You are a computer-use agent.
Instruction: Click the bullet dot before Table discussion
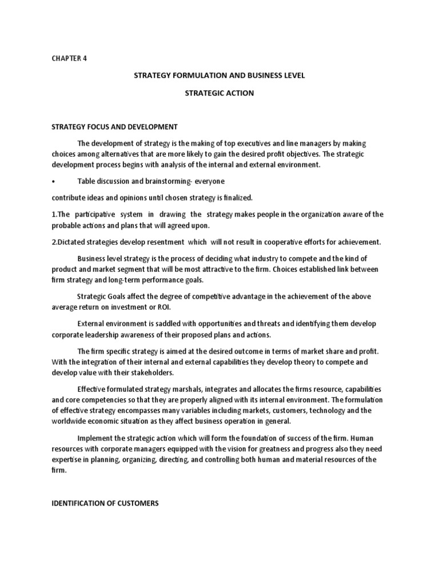(x=52, y=181)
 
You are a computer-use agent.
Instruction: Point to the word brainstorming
(x=163, y=181)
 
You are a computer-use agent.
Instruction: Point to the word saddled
(x=168, y=323)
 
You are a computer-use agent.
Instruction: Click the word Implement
(x=95, y=438)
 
